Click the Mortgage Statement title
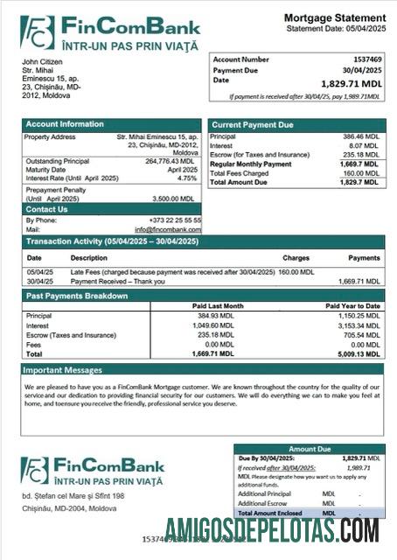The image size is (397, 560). pyautogui.click(x=335, y=17)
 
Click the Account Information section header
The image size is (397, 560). pyautogui.click(x=65, y=124)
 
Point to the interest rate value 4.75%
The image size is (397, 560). pyautogui.click(x=187, y=178)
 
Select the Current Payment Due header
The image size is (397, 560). pyautogui.click(x=253, y=125)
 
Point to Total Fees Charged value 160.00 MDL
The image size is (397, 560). pyautogui.click(x=362, y=172)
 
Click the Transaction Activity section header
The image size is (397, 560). pyautogui.click(x=112, y=241)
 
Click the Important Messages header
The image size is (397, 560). pyautogui.click(x=64, y=370)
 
